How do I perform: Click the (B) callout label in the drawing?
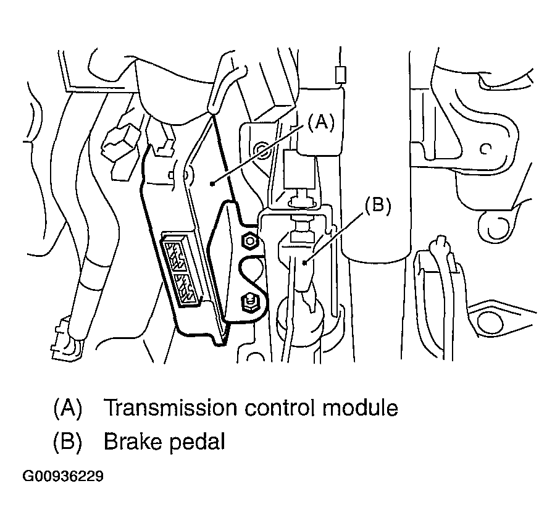(x=378, y=206)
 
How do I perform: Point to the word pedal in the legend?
(x=196, y=443)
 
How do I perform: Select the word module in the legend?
(x=362, y=408)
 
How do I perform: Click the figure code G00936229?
(x=63, y=477)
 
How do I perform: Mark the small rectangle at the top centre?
(x=339, y=75)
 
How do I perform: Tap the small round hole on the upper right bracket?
(x=486, y=148)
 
